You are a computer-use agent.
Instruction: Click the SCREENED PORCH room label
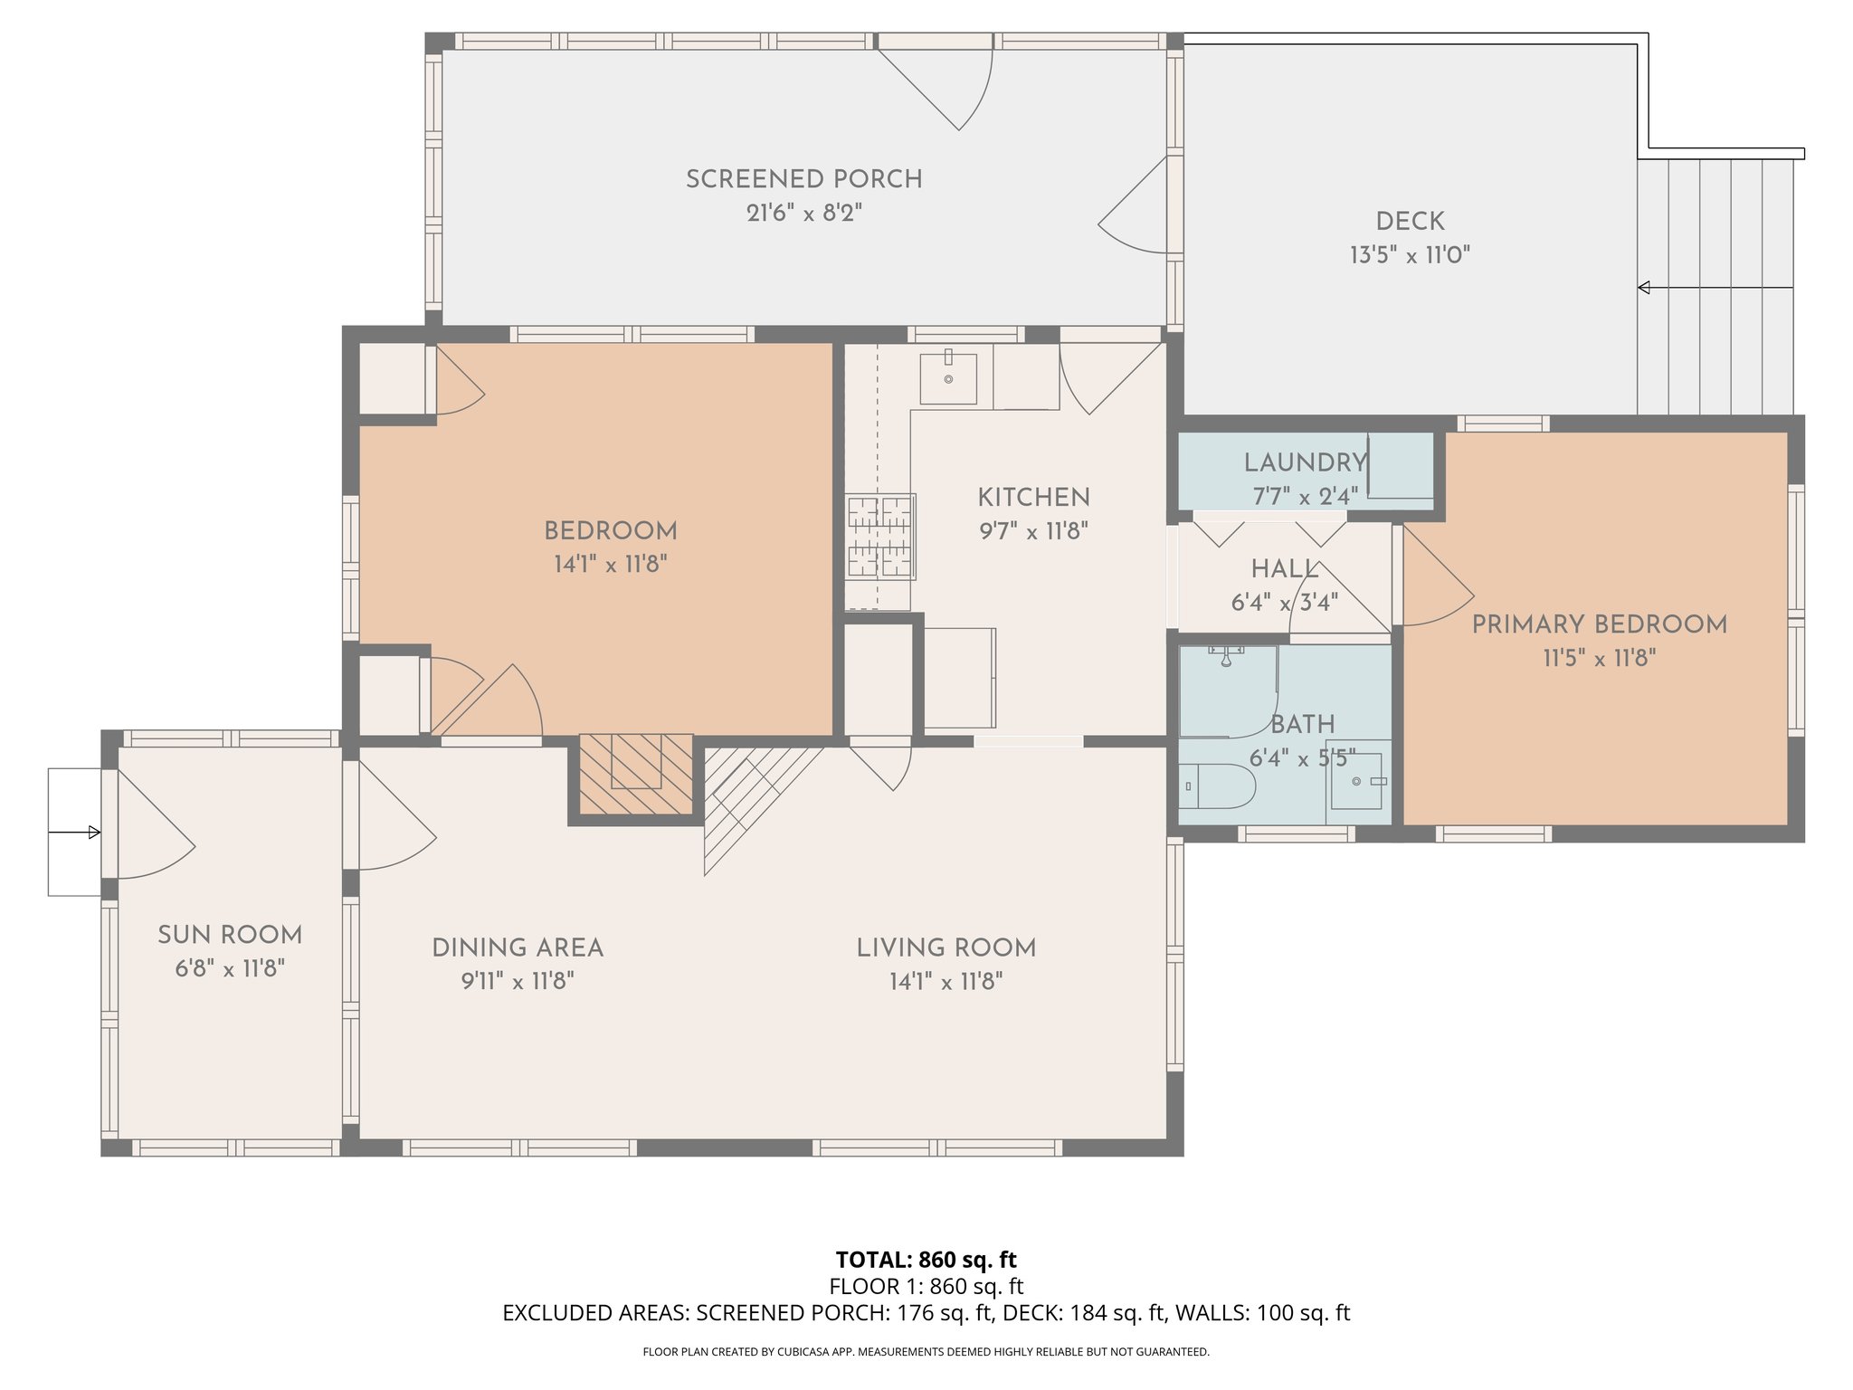[x=803, y=179]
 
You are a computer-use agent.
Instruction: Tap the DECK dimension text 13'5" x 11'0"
[x=1410, y=255]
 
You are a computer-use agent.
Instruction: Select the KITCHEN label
[x=1033, y=497]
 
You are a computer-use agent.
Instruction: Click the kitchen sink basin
[x=948, y=378]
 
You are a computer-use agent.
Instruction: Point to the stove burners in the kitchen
[x=880, y=536]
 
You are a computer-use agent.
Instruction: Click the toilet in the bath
[x=1217, y=785]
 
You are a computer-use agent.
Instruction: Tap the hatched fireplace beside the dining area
[x=636, y=774]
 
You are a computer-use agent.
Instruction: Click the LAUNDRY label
[x=1305, y=462]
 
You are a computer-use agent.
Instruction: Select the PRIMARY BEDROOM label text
[x=1599, y=624]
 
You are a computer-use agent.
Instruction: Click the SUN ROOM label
[x=230, y=935]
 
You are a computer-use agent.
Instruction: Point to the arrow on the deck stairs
[x=1715, y=288]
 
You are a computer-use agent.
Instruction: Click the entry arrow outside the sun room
[x=74, y=833]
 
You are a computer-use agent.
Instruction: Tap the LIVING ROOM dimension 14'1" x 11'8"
[x=946, y=982]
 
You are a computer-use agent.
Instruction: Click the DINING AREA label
[x=518, y=947]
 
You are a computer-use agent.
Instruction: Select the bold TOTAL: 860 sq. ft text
[x=926, y=1259]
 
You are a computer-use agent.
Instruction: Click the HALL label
[x=1285, y=569]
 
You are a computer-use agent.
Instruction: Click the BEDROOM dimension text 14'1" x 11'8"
[x=611, y=565]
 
